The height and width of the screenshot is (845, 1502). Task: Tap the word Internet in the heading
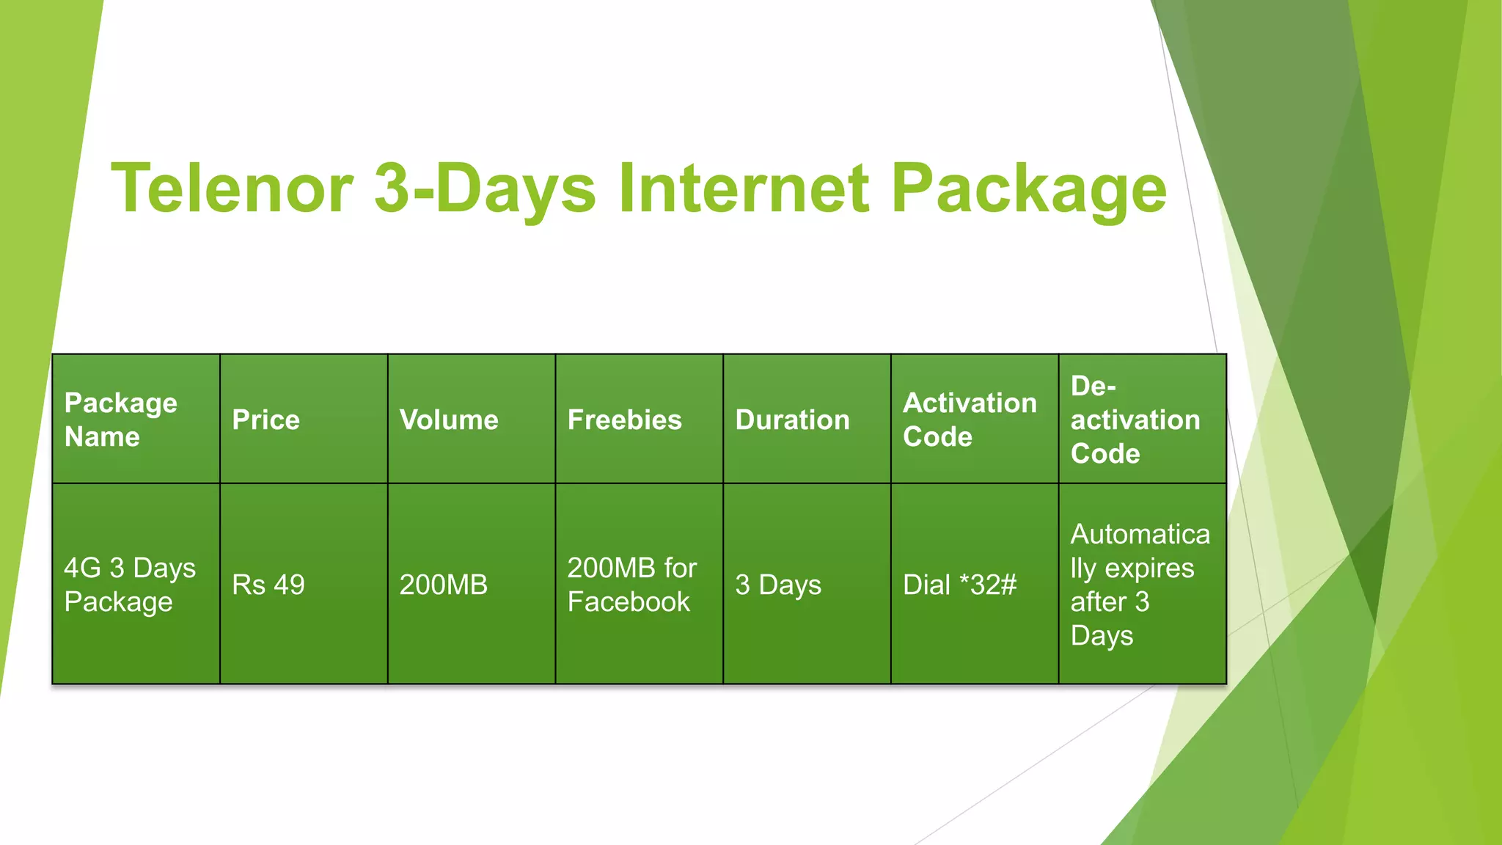coord(744,189)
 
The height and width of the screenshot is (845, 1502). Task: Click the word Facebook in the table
coord(629,602)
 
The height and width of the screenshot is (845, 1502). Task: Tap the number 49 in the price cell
coord(289,585)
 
